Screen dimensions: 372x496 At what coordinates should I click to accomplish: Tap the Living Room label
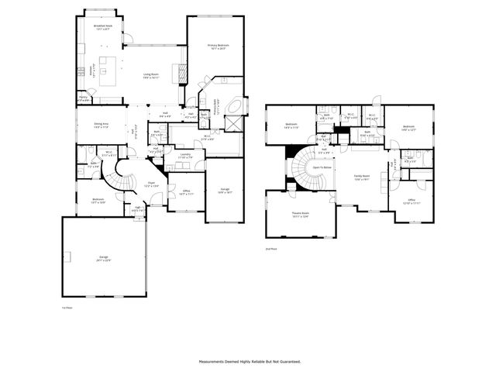click(x=150, y=76)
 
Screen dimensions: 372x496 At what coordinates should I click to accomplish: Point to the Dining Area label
click(x=101, y=126)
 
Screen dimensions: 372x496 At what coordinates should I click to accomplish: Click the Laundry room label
click(x=184, y=155)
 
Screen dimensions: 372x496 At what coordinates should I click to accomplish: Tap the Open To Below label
click(x=322, y=167)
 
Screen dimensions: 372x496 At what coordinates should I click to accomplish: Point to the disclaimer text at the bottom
click(x=247, y=361)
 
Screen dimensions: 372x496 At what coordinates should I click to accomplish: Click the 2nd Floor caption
click(x=271, y=249)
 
